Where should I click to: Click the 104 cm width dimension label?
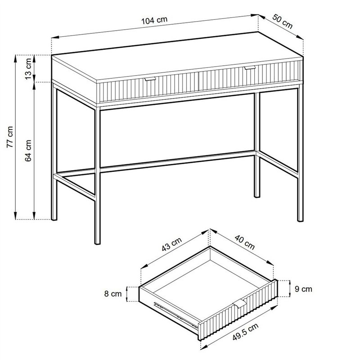point(154,20)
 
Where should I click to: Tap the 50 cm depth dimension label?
point(283,22)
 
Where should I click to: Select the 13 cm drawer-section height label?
point(28,69)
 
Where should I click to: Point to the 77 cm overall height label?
point(10,137)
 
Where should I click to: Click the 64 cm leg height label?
point(28,151)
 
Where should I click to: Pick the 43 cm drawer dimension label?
point(171,244)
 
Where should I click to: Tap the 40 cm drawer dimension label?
point(245,243)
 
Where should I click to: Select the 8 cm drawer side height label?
point(113,294)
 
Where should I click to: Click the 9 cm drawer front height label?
point(303,289)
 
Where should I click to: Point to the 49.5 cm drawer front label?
point(245,332)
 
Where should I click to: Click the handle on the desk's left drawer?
point(150,79)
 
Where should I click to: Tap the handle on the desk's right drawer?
point(250,68)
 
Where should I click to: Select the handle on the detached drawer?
point(239,305)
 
